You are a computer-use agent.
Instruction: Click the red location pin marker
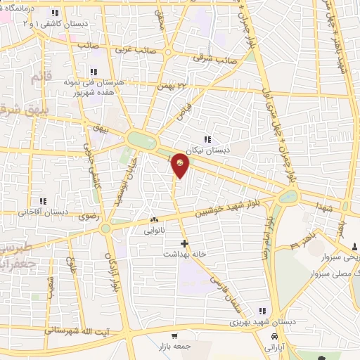181,165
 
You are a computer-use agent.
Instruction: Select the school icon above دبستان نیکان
207,139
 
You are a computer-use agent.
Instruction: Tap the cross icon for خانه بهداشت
184,243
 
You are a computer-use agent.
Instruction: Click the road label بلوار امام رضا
267,236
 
